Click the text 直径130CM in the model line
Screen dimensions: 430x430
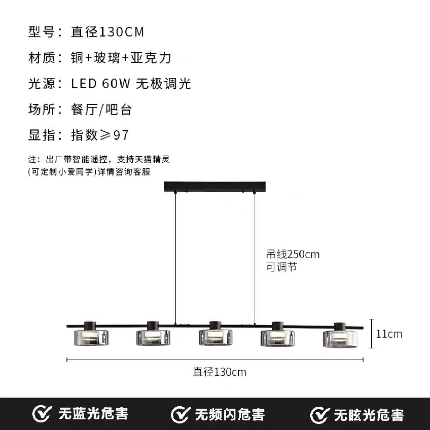click(x=107, y=32)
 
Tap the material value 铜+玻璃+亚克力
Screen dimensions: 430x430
click(x=121, y=58)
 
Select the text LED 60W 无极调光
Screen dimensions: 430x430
click(x=131, y=84)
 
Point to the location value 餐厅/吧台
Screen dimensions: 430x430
click(x=101, y=109)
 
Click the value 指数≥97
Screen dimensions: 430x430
click(x=100, y=135)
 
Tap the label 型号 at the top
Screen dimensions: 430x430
click(x=42, y=32)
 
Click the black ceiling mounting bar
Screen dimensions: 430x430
click(x=215, y=187)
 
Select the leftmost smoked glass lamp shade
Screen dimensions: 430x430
click(x=91, y=337)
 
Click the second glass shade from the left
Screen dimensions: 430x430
click(x=153, y=337)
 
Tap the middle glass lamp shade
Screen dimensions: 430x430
click(x=216, y=337)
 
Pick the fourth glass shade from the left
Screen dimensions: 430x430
click(x=277, y=337)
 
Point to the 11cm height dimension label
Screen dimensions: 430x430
click(x=389, y=334)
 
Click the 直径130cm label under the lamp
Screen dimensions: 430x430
click(x=220, y=372)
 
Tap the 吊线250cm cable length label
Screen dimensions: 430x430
click(x=293, y=254)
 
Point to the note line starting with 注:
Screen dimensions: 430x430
click(x=99, y=160)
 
